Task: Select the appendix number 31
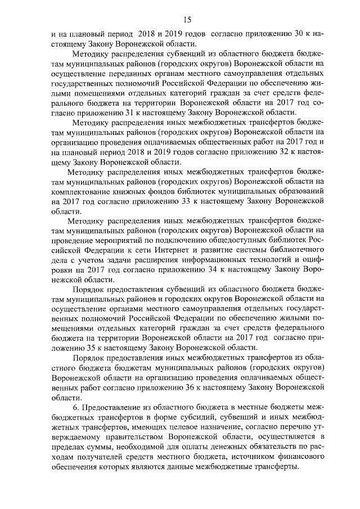pyautogui.click(x=113, y=112)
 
